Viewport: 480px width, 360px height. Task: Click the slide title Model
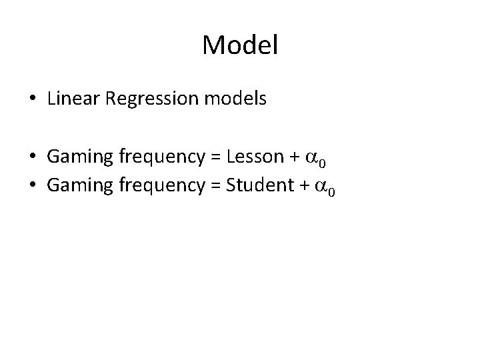click(239, 45)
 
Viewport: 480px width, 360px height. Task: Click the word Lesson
click(255, 157)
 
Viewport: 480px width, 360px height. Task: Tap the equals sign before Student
click(216, 186)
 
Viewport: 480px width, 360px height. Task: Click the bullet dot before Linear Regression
click(33, 100)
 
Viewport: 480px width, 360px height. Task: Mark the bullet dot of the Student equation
click(33, 186)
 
